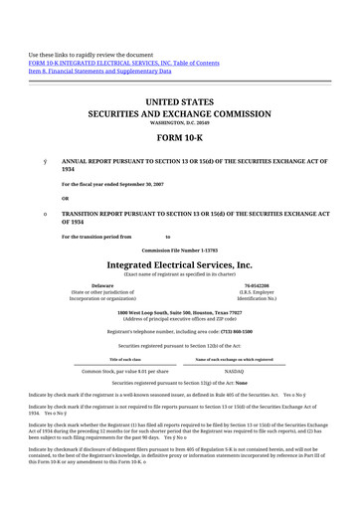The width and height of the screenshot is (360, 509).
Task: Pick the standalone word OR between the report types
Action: click(66, 197)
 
